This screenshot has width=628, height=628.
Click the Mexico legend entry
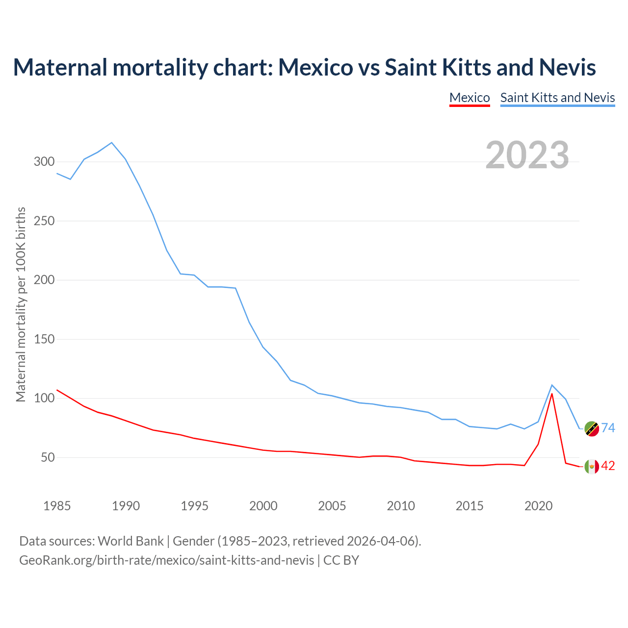click(470, 98)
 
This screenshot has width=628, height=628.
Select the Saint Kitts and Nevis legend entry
click(557, 98)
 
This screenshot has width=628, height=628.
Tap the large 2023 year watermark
click(527, 155)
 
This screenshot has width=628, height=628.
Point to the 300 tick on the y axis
click(44, 161)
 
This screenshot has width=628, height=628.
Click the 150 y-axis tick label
click(44, 339)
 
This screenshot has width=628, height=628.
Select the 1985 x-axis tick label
click(57, 506)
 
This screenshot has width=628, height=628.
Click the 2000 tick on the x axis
click(263, 506)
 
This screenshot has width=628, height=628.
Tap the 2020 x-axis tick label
click(538, 506)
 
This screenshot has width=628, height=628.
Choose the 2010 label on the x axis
click(401, 506)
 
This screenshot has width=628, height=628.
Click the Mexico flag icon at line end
click(592, 466)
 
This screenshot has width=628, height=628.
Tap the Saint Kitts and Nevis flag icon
click(592, 428)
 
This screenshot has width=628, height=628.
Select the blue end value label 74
click(608, 428)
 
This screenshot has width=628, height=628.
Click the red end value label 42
click(608, 466)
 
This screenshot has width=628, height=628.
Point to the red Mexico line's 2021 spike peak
click(552, 393)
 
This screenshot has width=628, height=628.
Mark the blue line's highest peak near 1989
click(112, 143)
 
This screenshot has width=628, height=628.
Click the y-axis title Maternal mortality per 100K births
click(21, 304)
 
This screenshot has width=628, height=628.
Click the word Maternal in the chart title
click(60, 67)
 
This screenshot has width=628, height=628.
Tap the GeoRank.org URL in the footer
click(167, 560)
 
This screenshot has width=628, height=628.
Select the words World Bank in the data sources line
click(131, 541)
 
